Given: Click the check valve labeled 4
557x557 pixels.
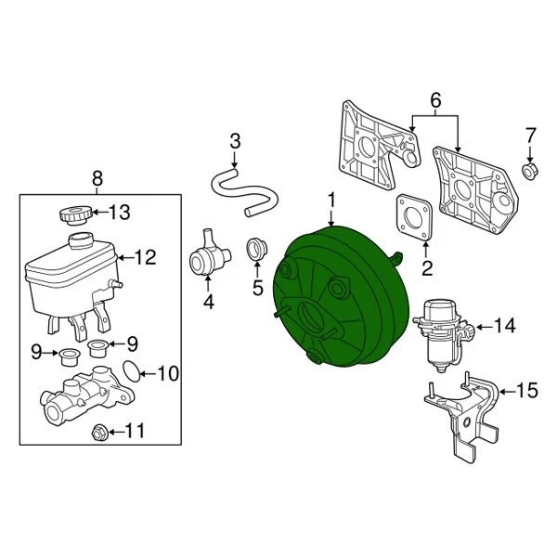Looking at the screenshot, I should [x=210, y=253].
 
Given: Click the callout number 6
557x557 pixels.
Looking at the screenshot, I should [x=434, y=98].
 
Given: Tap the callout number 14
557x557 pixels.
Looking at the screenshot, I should [x=503, y=326].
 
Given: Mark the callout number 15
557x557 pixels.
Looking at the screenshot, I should [x=526, y=391].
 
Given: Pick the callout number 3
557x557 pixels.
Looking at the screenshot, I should [x=235, y=141].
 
